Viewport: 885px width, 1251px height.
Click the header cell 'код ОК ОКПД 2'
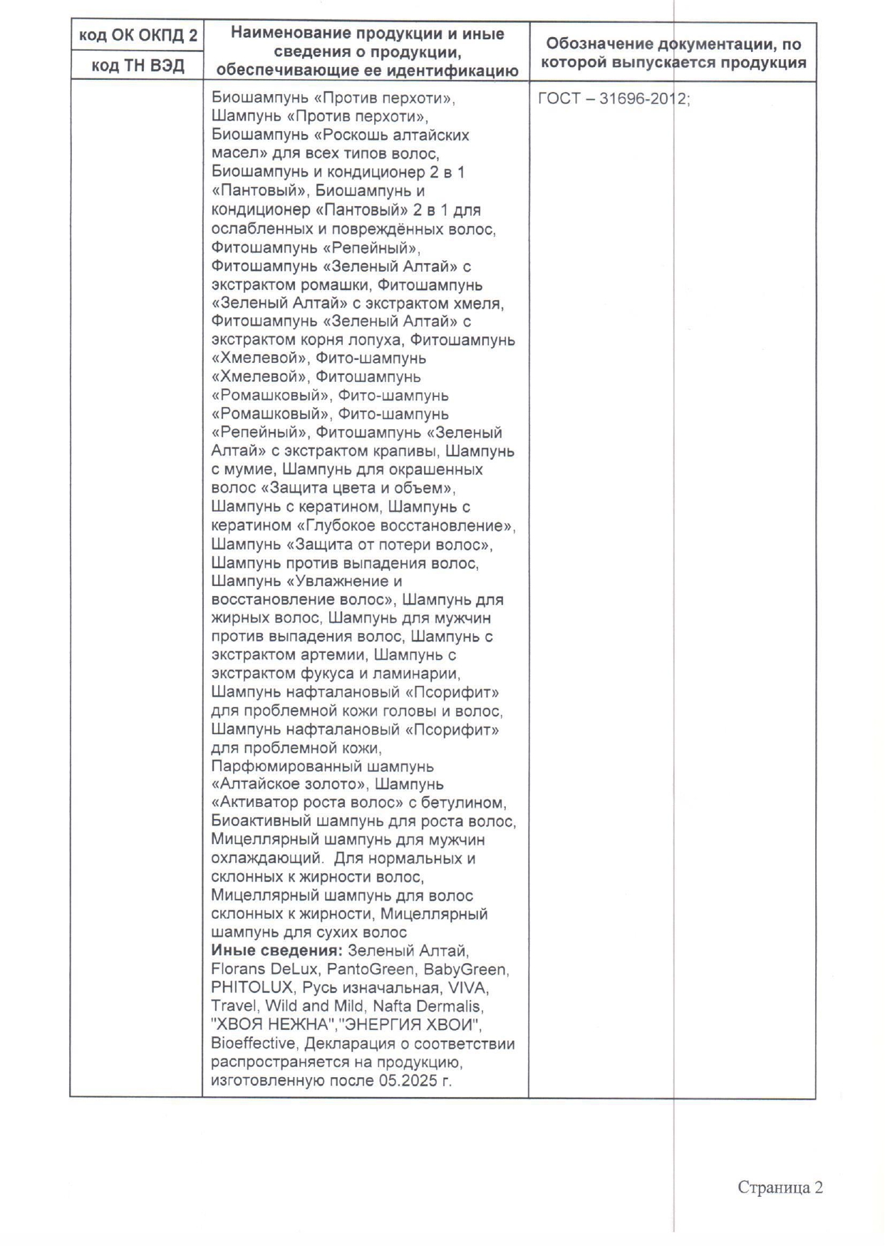pyautogui.click(x=138, y=36)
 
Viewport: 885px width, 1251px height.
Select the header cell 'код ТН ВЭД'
pyautogui.click(x=138, y=66)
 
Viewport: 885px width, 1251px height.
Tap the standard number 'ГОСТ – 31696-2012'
pyautogui.click(x=613, y=99)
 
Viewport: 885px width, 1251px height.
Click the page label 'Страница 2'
pyautogui.click(x=780, y=1188)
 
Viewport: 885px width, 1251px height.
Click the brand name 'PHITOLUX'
pyautogui.click(x=252, y=988)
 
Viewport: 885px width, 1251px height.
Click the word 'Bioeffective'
pyautogui.click(x=253, y=1044)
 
